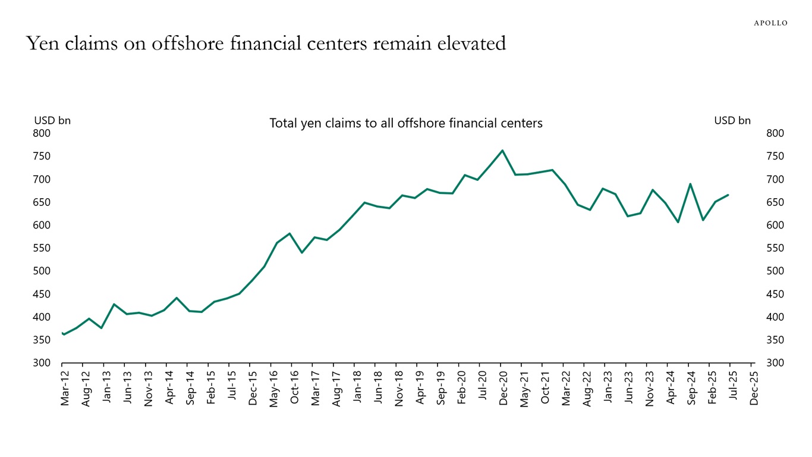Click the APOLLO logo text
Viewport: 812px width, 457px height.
point(770,23)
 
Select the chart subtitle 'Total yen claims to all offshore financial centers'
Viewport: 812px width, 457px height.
point(406,123)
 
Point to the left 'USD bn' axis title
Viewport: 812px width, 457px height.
point(52,120)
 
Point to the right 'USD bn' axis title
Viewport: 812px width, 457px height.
point(732,120)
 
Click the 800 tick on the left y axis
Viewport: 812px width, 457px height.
point(42,133)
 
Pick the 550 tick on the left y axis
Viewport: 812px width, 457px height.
point(42,248)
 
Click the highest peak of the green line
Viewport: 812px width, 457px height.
point(502,151)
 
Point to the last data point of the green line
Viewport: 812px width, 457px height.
point(728,195)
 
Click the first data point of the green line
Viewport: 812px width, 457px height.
point(62,333)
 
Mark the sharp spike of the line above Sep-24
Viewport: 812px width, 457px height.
point(690,184)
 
